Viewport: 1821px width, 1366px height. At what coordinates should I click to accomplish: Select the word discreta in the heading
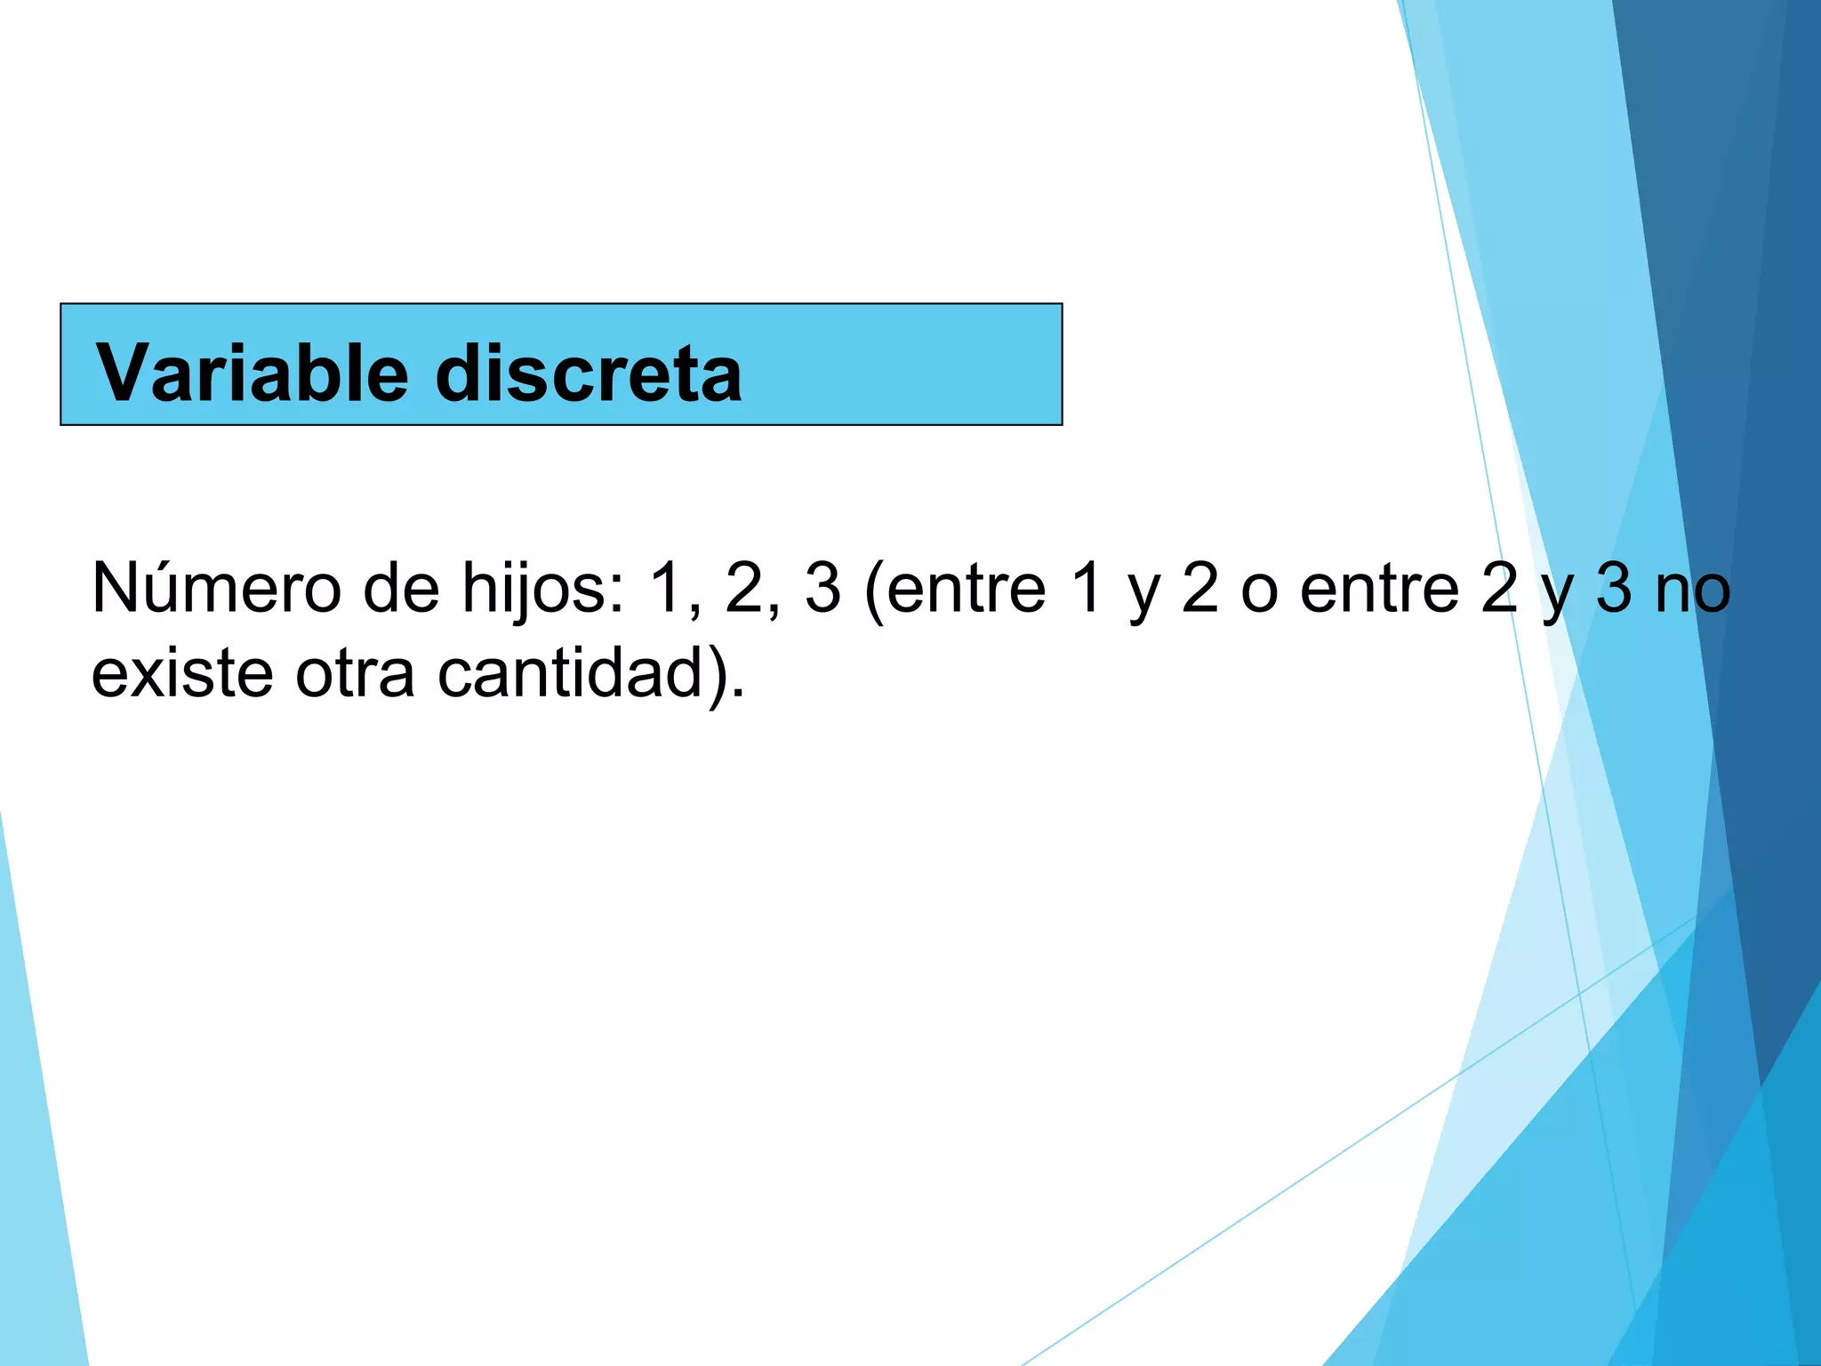[x=589, y=373]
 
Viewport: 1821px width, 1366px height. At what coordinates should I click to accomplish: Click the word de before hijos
[x=401, y=589]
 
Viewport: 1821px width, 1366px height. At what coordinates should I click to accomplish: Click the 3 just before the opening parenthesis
[x=822, y=589]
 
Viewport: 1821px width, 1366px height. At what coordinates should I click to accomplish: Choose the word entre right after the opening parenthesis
[x=966, y=589]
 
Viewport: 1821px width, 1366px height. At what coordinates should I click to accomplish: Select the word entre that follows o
[x=1379, y=589]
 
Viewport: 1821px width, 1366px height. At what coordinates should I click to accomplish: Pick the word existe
[x=182, y=673]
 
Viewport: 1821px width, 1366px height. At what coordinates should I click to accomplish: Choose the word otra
[x=355, y=673]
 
